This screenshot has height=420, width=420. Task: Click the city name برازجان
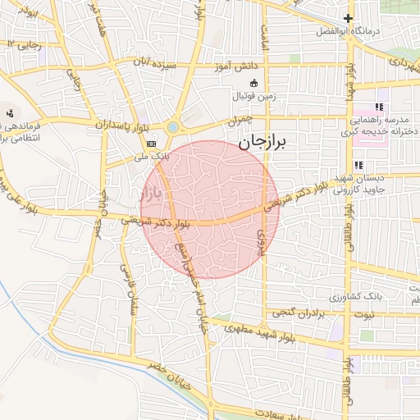265,143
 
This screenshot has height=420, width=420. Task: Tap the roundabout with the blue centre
173,127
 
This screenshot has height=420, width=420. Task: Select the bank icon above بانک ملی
151,143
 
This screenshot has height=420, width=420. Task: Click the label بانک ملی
151,154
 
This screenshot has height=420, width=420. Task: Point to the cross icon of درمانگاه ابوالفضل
348,18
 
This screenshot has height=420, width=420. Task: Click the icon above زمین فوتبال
253,83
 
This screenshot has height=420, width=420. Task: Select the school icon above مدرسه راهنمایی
379,107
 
